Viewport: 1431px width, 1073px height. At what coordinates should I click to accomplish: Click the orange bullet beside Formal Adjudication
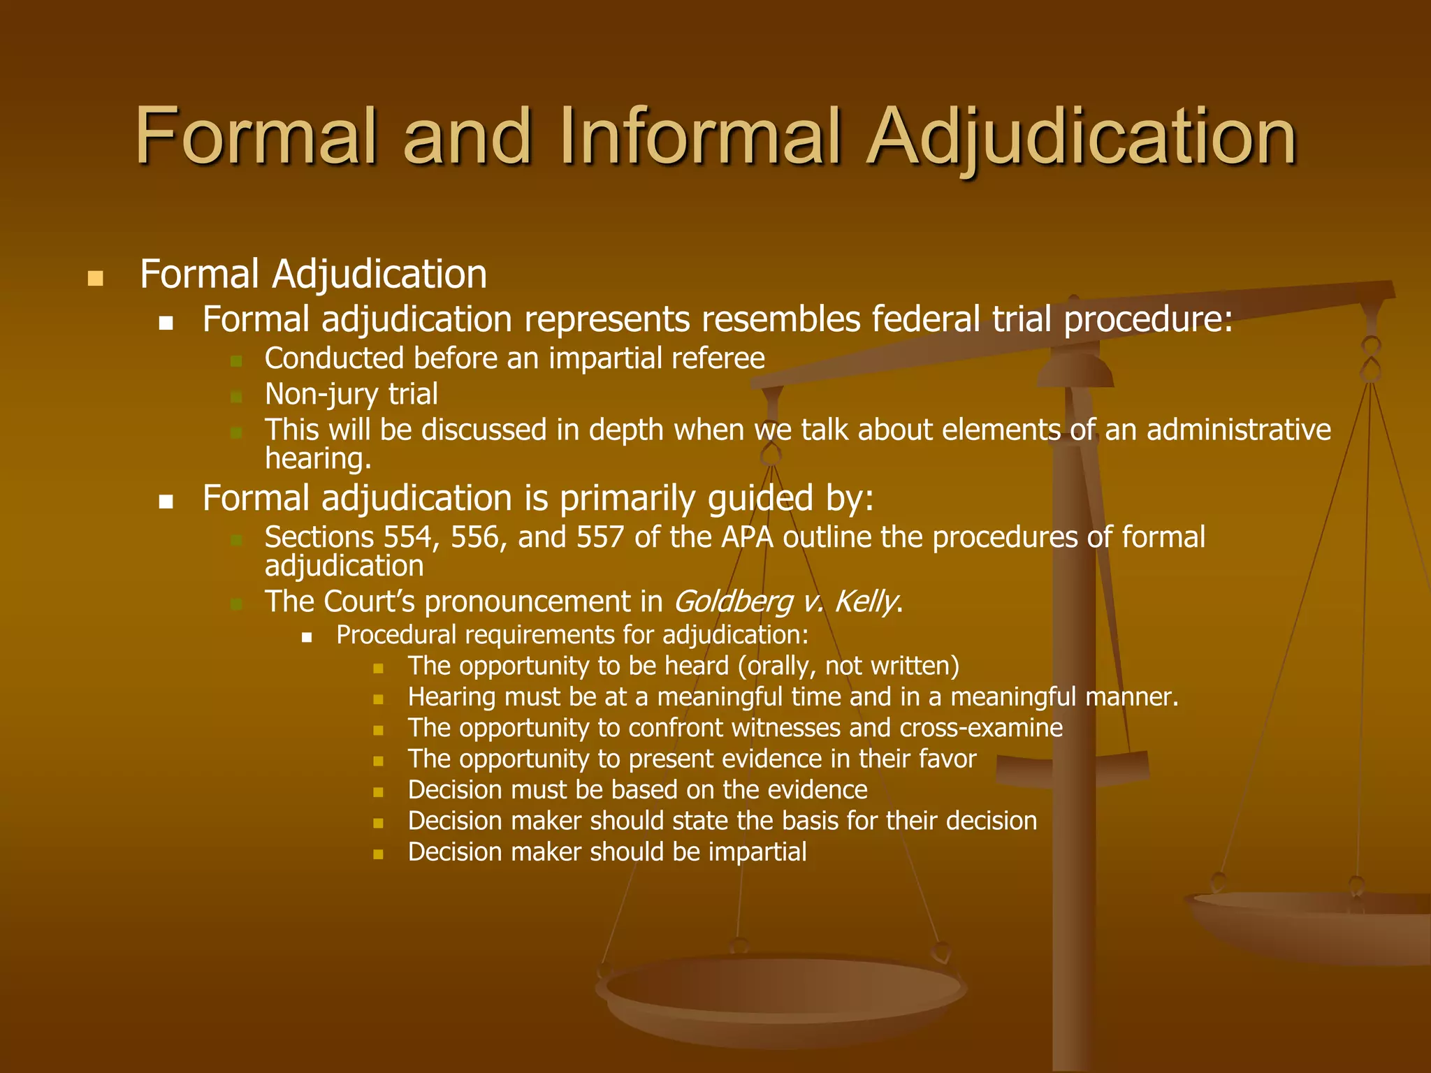(95, 279)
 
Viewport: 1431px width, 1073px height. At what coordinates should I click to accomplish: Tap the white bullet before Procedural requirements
(307, 637)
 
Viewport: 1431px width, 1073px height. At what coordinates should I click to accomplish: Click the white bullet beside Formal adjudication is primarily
(166, 502)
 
